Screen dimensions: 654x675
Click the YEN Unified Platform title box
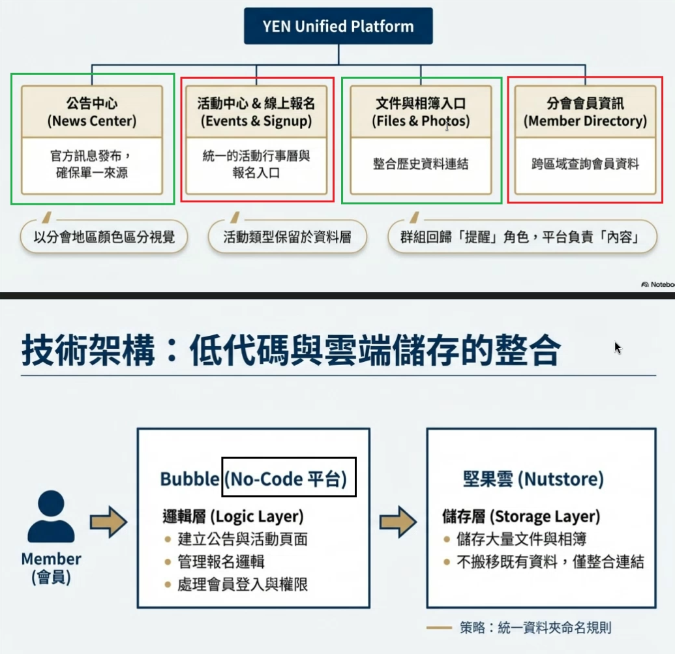click(338, 27)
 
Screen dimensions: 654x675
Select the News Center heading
click(92, 111)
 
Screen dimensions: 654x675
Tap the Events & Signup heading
click(256, 111)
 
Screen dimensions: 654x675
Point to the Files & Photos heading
click(421, 111)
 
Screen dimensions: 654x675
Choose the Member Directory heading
click(585, 111)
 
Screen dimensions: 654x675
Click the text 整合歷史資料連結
click(421, 164)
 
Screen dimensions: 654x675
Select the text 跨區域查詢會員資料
click(585, 164)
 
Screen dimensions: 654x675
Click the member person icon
click(51, 516)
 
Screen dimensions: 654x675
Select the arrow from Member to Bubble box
click(108, 522)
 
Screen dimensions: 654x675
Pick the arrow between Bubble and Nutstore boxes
click(398, 522)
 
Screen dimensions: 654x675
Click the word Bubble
click(189, 479)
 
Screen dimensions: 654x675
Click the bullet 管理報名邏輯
click(221, 561)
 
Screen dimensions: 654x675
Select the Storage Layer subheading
click(520, 516)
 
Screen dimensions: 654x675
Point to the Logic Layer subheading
click(233, 516)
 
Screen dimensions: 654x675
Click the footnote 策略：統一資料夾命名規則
click(535, 628)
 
